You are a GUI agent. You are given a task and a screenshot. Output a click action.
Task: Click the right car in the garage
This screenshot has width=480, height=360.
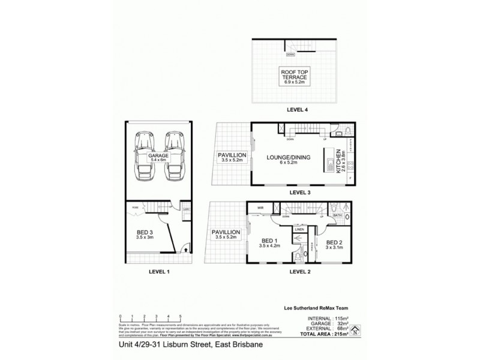[174, 157]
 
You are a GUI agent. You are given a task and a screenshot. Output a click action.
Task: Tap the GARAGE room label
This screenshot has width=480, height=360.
[158, 158]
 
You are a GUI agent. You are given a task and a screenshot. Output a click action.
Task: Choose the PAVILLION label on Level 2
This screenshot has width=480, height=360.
[226, 234]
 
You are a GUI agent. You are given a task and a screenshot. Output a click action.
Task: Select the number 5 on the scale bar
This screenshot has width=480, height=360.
[179, 316]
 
